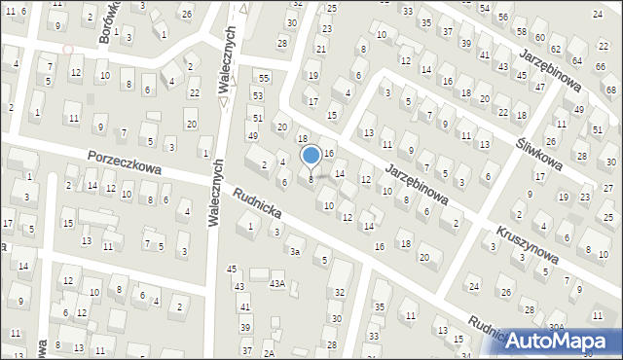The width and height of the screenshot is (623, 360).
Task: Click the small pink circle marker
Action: point(67,49)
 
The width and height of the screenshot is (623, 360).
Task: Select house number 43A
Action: point(277,283)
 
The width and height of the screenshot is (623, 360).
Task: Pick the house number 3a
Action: point(293,251)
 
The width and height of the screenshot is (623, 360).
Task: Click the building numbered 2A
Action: point(270,351)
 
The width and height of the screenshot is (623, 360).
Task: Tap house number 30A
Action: point(556,327)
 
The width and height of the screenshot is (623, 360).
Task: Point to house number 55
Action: point(263,77)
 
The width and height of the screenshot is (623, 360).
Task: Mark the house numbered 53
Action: point(257,95)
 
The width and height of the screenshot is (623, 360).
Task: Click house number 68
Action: point(609,90)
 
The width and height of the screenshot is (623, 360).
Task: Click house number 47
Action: point(540,87)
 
